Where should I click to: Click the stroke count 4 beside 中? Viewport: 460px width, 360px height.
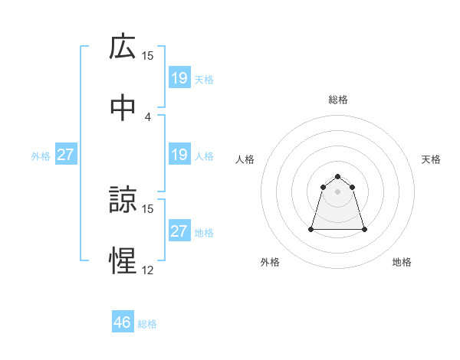[148, 116]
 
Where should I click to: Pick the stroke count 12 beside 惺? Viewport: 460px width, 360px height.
[148, 270]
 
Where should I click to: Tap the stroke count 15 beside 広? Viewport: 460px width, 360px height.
[148, 56]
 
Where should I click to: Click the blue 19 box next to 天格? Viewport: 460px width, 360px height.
[179, 78]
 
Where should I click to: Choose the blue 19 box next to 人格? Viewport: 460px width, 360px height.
[179, 155]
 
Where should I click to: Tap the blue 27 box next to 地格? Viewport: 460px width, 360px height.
[179, 231]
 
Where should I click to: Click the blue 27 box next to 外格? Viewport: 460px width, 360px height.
[66, 155]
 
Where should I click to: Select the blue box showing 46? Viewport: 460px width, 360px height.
[123, 322]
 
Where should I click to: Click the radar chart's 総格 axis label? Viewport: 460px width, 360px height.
[338, 100]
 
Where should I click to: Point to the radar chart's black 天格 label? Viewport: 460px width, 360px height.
[432, 159]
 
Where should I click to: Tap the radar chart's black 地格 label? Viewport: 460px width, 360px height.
[402, 262]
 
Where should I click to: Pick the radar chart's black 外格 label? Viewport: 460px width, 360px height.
[270, 262]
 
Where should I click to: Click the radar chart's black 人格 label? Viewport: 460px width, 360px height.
[245, 159]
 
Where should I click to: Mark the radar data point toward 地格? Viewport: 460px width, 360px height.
[364, 229]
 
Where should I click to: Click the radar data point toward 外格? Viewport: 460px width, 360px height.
[312, 229]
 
